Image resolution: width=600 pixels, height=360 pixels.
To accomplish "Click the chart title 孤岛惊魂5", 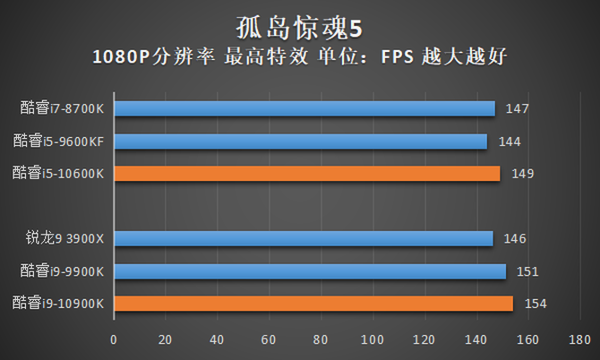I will click(299, 22).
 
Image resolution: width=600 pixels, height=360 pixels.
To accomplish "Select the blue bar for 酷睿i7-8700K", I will click(304, 108).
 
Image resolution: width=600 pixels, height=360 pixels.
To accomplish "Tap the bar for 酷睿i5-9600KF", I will click(300, 141).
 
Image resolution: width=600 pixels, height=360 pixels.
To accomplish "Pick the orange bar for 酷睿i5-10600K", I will click(306, 173).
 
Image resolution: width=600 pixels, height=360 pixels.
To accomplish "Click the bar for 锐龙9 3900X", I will click(303, 238).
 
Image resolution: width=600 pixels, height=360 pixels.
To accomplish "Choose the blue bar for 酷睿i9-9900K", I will click(309, 270).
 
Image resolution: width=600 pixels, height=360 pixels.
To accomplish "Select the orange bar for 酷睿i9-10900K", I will click(313, 303).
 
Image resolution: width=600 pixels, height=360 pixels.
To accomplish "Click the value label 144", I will click(510, 141).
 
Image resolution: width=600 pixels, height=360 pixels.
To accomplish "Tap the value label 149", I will click(523, 174).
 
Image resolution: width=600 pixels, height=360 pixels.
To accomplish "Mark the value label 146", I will click(515, 239).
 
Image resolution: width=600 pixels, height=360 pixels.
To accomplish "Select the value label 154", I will click(536, 304).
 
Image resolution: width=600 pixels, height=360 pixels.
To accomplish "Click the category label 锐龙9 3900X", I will click(65, 238).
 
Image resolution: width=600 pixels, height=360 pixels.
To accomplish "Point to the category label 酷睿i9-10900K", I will click(58, 304).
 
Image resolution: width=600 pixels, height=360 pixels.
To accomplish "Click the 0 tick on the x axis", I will click(113, 340).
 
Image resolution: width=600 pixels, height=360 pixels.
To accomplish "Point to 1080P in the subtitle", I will click(122, 57).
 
